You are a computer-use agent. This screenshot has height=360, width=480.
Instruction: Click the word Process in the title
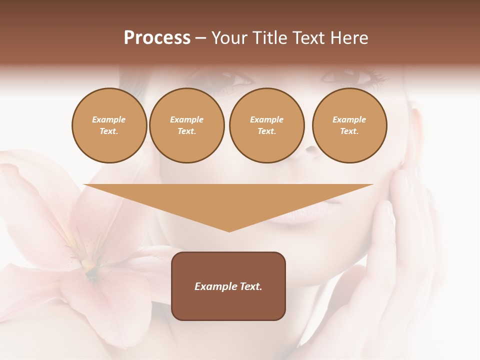[157, 38]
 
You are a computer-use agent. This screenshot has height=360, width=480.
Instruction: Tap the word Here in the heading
[348, 38]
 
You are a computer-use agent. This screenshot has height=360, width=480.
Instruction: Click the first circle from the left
[109, 125]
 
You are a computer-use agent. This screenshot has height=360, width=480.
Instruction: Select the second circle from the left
[186, 125]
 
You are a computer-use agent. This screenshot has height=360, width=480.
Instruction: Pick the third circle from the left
[266, 125]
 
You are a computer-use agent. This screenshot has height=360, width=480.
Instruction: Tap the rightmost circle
[349, 125]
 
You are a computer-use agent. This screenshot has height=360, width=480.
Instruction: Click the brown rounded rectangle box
[228, 286]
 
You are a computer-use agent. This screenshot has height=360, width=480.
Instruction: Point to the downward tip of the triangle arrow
[229, 230]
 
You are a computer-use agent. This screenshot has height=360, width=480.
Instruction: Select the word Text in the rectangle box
[250, 286]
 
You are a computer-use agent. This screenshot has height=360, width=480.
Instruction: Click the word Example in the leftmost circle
[109, 120]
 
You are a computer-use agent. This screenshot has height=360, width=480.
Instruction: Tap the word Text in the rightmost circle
[349, 131]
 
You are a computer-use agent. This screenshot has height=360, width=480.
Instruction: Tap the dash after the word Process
[200, 38]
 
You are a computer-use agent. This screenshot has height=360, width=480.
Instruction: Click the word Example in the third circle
[266, 120]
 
